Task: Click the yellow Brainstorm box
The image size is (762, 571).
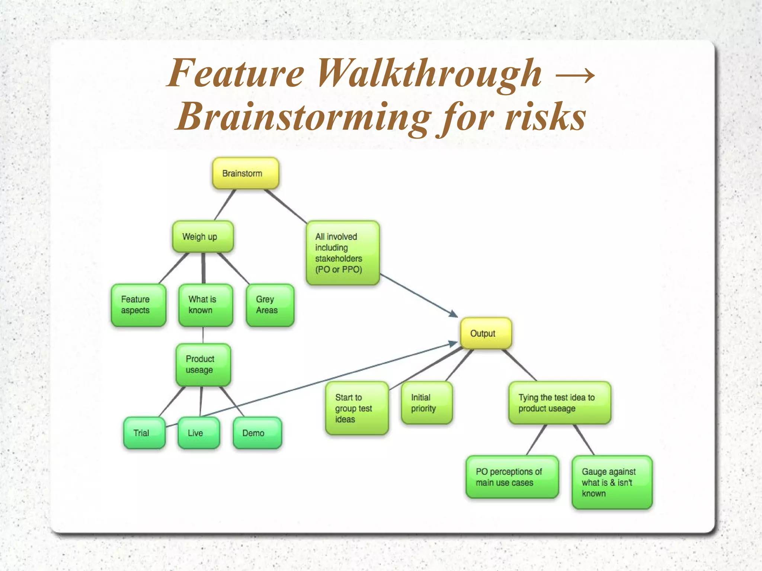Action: (245, 173)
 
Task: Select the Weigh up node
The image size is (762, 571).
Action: (203, 237)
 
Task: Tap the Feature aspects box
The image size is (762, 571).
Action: (138, 305)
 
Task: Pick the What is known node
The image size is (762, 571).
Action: (205, 305)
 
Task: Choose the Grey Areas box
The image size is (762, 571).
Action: (270, 305)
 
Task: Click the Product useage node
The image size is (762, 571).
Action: (203, 365)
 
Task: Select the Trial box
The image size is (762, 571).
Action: (144, 433)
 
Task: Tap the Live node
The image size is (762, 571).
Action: (199, 433)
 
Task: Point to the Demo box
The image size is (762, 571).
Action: (257, 433)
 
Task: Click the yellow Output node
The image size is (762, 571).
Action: (486, 333)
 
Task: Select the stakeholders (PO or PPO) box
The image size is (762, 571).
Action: (342, 253)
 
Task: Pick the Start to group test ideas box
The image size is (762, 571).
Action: (357, 408)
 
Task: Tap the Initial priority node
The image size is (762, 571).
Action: (427, 403)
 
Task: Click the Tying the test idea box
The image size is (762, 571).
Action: (560, 403)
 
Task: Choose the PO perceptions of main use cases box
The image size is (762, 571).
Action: (512, 477)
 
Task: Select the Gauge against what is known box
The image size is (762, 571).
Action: (612, 482)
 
